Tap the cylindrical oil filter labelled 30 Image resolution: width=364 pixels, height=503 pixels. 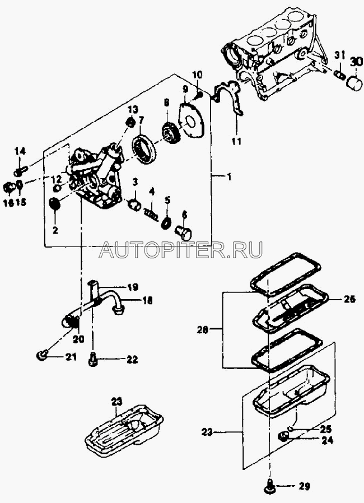pos(354,82)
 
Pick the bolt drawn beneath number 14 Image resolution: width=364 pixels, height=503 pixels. pos(21,166)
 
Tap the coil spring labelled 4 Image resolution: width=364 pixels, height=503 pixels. pos(151,213)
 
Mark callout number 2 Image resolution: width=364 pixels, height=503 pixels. pos(55,230)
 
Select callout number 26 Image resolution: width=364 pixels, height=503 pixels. pos(350,299)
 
